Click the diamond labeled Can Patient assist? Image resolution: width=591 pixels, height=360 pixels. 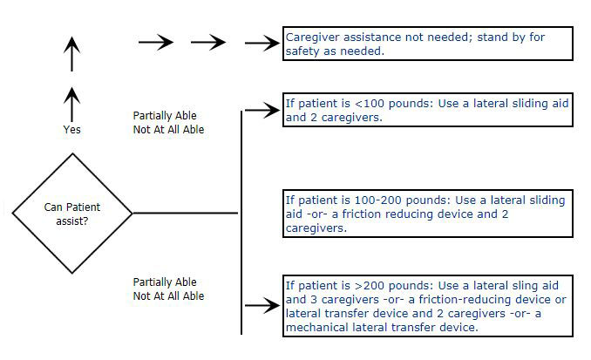coord(72,213)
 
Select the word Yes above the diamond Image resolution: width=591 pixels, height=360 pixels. coord(71,129)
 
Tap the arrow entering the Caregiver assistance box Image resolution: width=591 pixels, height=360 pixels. coord(261,44)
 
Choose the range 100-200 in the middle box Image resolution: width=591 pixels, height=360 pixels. coord(366,200)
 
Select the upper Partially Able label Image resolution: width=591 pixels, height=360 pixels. coord(165,115)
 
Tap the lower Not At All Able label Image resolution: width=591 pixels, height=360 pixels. coord(168,296)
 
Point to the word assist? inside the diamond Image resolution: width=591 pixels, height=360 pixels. coord(71,221)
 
